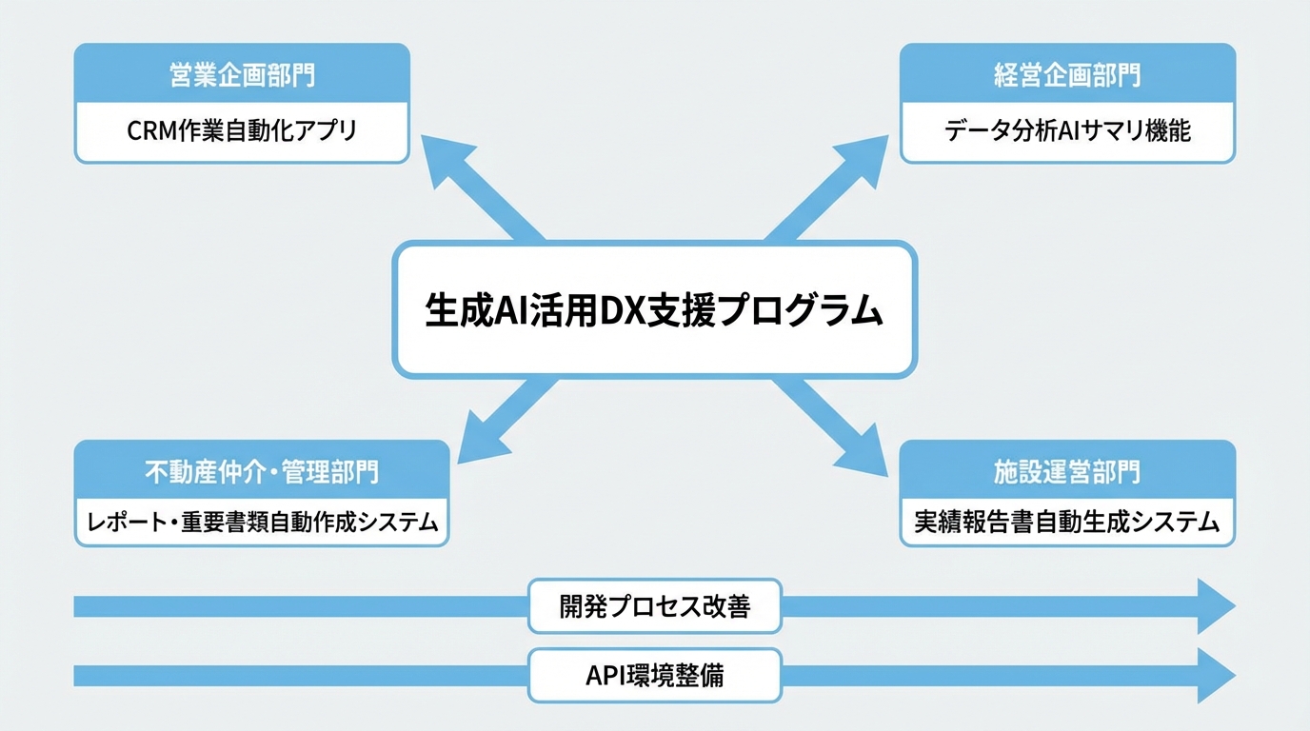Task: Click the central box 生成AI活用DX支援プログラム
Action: click(x=654, y=309)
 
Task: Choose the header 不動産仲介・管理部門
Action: click(x=261, y=471)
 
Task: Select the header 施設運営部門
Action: click(x=1067, y=471)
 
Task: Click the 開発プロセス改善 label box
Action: click(x=654, y=606)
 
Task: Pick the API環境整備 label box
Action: click(x=654, y=675)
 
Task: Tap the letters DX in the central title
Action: click(x=622, y=310)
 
